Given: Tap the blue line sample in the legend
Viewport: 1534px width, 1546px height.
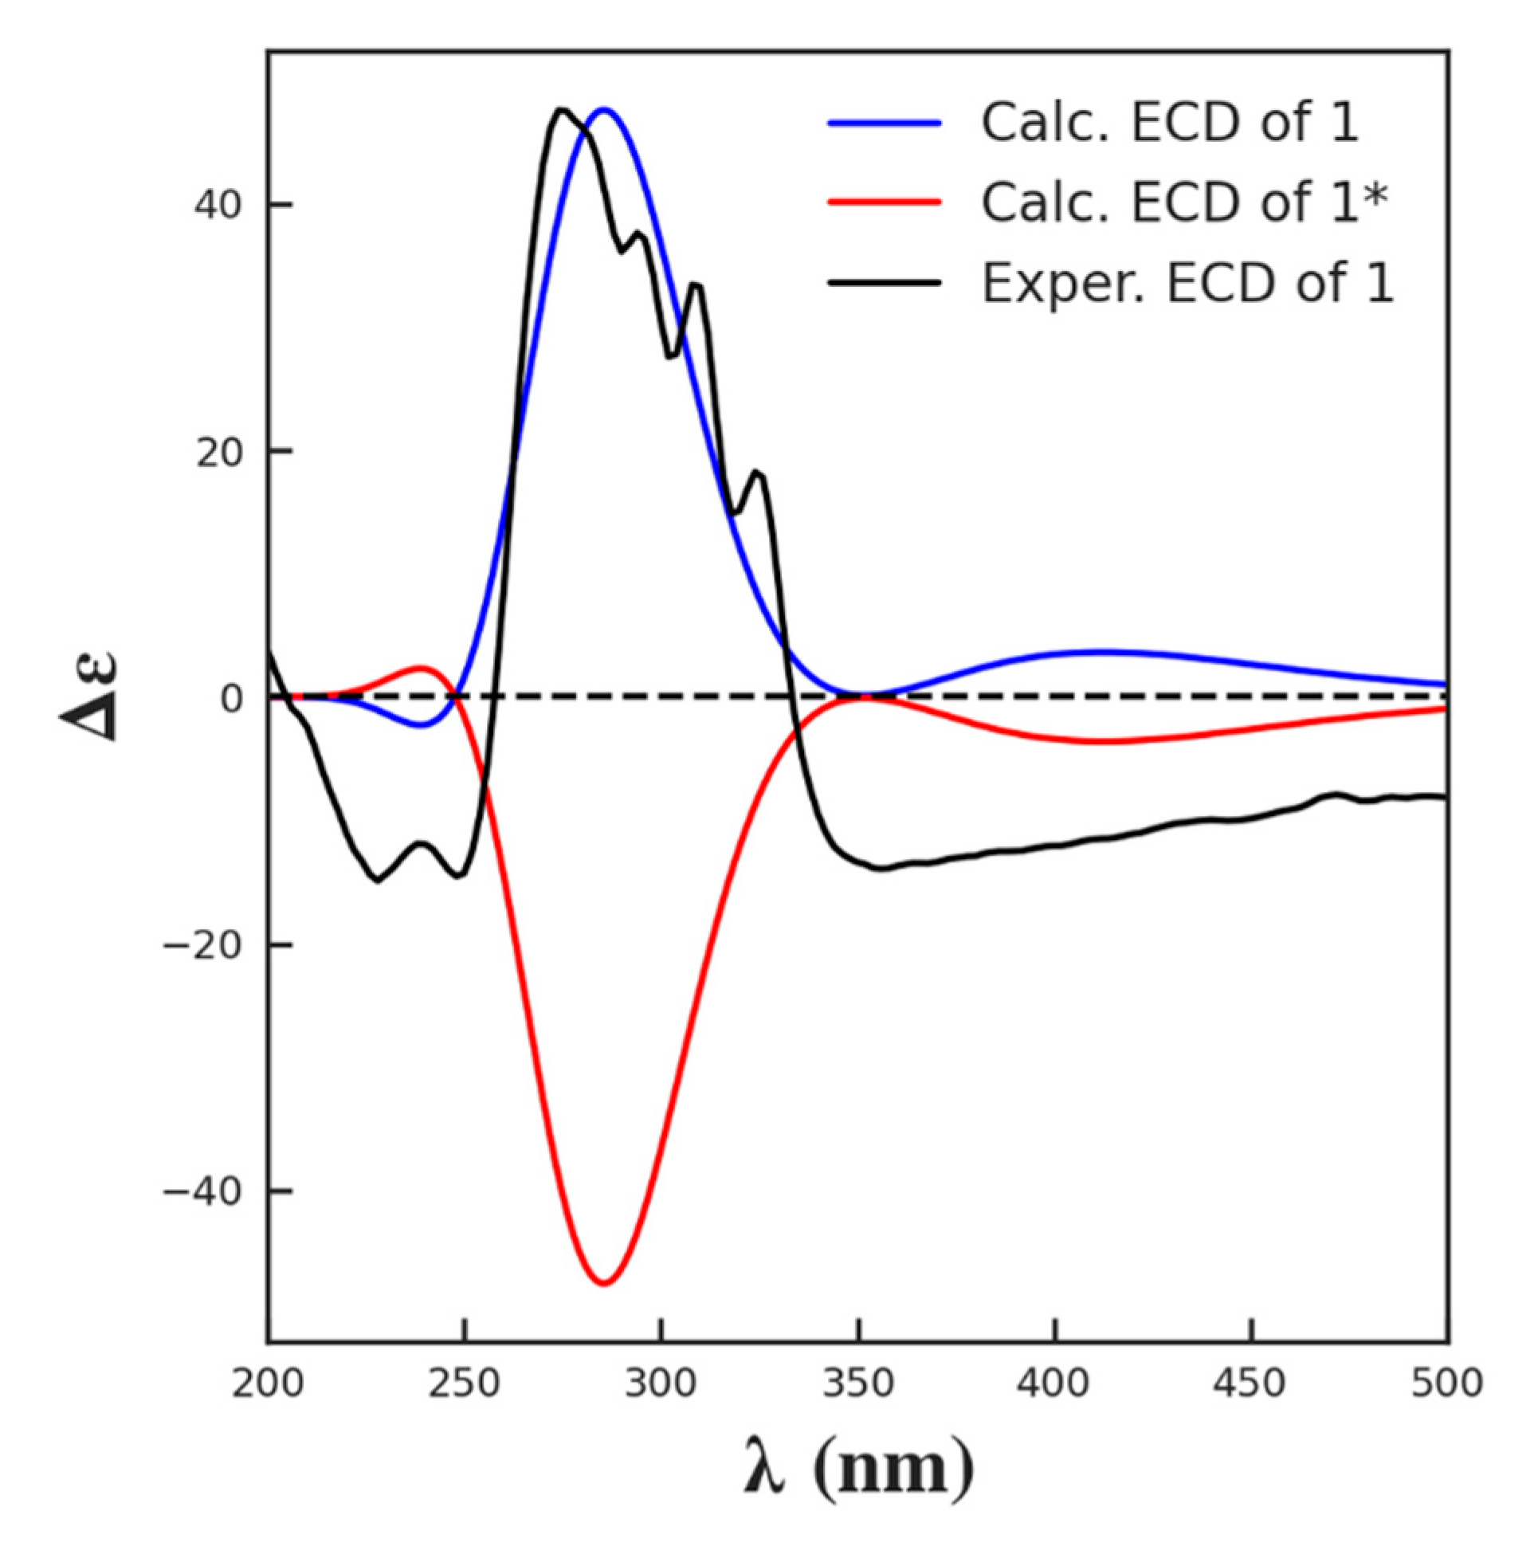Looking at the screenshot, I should [x=884, y=123].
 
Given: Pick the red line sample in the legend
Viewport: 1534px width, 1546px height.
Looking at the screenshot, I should [x=884, y=202].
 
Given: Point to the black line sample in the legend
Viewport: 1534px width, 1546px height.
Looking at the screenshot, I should [x=884, y=282].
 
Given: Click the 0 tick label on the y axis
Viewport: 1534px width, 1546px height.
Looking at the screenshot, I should [x=231, y=699].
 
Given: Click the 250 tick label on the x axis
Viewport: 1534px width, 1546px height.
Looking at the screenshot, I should [x=464, y=1383].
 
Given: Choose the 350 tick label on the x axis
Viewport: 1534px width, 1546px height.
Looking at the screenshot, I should [x=857, y=1383].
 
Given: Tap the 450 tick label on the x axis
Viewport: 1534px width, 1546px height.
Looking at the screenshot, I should [x=1251, y=1383].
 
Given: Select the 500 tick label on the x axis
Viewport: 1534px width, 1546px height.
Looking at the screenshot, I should [x=1447, y=1383].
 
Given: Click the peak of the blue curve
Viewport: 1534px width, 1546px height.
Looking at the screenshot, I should [x=605, y=109].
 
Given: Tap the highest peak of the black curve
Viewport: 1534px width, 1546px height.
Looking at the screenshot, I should [x=562, y=110].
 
